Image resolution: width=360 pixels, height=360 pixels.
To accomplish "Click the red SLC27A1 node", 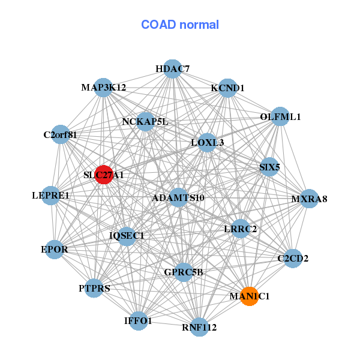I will tap(104, 175).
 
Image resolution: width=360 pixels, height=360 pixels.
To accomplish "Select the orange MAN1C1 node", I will tap(250, 296).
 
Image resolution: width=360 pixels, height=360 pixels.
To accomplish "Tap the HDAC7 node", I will tap(172, 69).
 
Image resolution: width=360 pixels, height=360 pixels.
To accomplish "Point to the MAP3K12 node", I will tap(104, 88).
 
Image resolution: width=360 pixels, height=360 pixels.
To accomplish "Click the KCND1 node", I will tap(228, 88).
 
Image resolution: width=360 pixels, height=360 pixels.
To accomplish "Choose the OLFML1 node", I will tap(280, 116).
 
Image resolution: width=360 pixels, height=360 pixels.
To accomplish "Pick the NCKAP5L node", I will tap(145, 122).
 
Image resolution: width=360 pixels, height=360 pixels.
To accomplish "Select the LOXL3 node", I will tap(207, 142).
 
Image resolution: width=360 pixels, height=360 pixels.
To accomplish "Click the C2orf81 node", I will tap(60, 134).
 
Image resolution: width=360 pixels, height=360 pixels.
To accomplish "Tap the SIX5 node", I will tap(269, 167).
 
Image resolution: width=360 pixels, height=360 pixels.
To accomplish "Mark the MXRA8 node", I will tap(309, 199).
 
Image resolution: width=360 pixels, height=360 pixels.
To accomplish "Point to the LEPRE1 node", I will tap(51, 195).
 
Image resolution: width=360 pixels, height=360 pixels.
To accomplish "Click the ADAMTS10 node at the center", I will tap(178, 197).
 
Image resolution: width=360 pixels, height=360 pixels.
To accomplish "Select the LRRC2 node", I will tap(240, 229).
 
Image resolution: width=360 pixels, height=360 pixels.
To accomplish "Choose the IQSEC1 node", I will tap(127, 235).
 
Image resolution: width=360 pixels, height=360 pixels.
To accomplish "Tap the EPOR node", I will tap(54, 249).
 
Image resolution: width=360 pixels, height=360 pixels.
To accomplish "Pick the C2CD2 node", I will tap(292, 259).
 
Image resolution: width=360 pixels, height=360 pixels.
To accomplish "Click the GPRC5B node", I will tap(184, 272).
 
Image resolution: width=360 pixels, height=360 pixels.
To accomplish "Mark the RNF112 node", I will tap(199, 327).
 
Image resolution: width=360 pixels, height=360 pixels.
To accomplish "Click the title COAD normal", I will tap(180, 25).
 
